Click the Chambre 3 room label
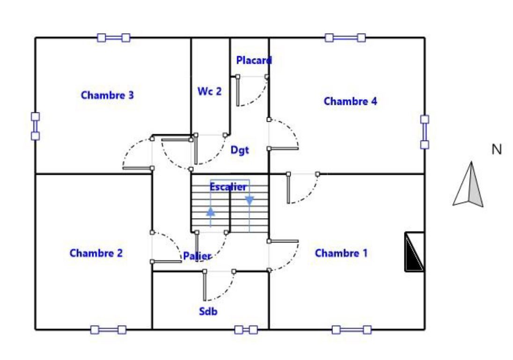(107, 95)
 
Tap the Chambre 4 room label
(351, 101)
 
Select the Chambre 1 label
(341, 253)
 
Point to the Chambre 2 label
(96, 253)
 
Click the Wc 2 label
(209, 91)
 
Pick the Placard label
(254, 60)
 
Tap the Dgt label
(240, 150)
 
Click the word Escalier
(228, 187)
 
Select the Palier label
(197, 256)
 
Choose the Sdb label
(208, 311)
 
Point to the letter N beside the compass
(497, 149)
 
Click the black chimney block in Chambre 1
(415, 252)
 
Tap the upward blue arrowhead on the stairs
(211, 212)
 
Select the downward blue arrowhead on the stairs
(249, 201)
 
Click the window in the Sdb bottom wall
(246, 330)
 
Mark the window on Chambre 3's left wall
(35, 126)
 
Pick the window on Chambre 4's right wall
(425, 132)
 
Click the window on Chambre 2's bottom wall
(108, 330)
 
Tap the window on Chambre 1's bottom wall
(352, 330)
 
